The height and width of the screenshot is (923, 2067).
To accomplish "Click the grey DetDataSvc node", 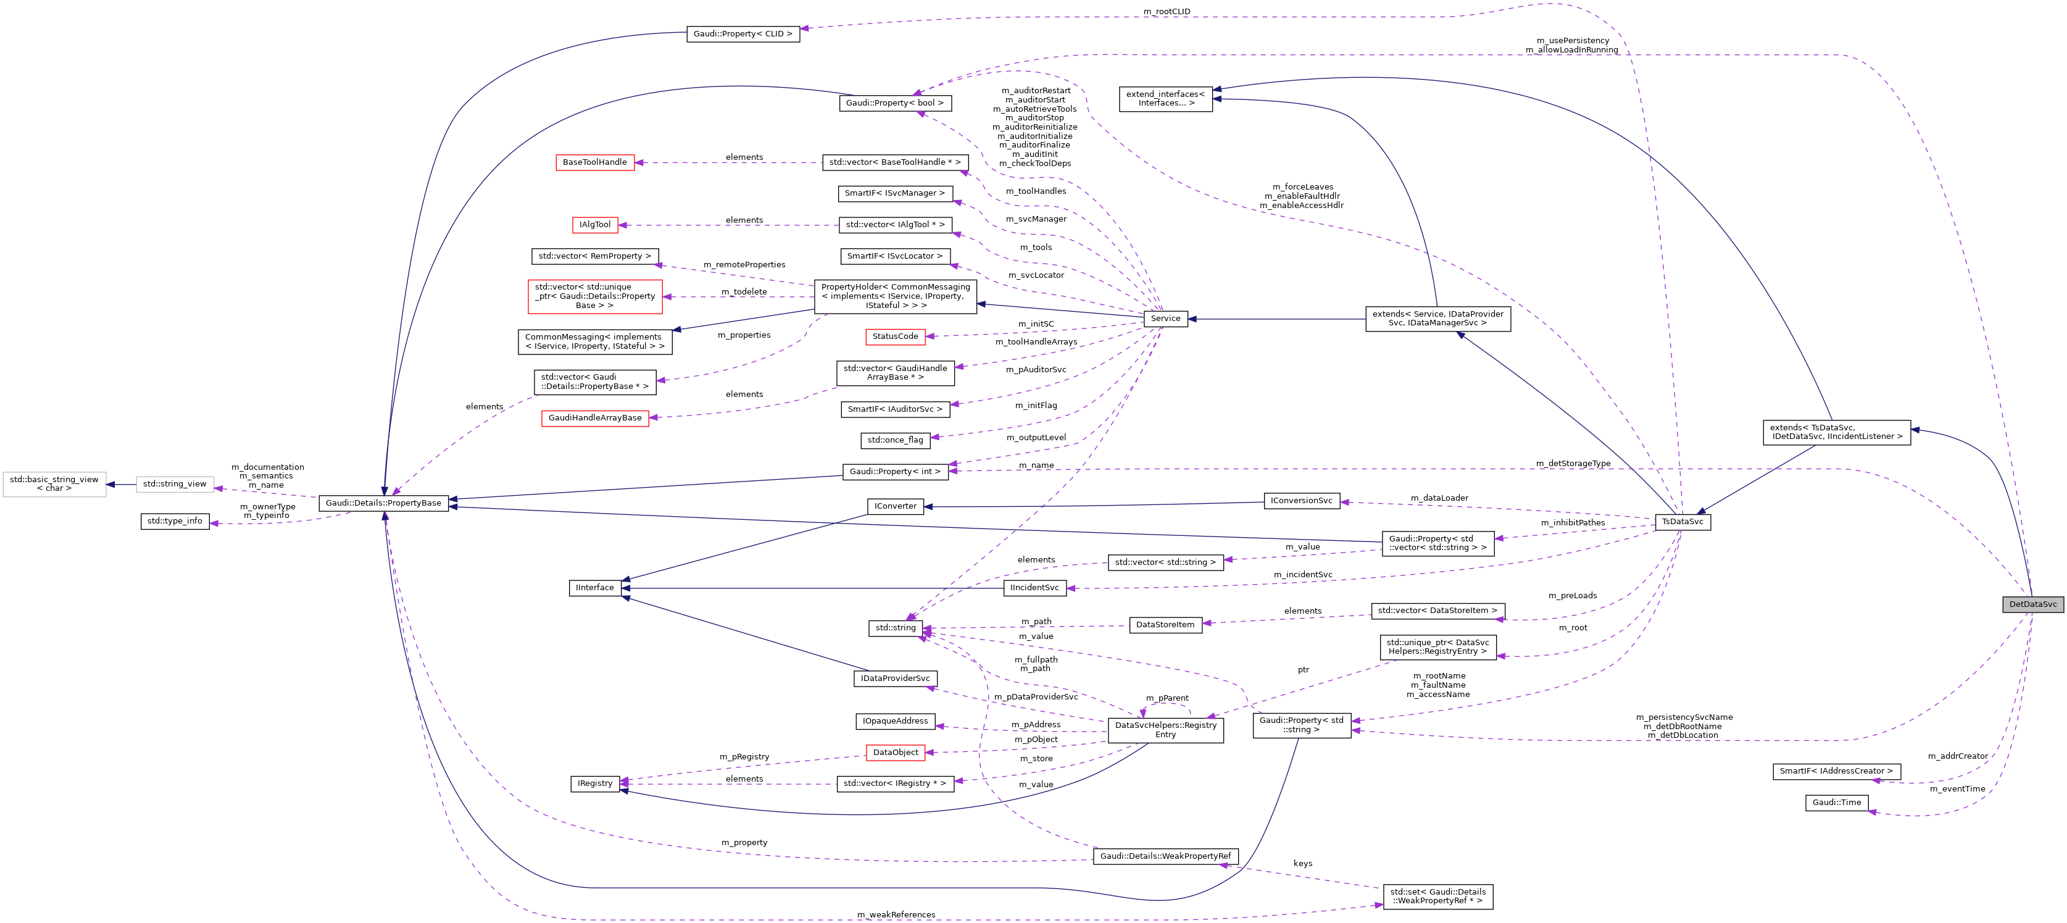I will click(x=2032, y=604).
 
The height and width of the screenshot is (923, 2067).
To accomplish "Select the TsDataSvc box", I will click(x=1682, y=522).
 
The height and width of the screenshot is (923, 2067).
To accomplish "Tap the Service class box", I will click(x=1165, y=319).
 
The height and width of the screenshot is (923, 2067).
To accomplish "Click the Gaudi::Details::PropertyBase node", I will click(x=383, y=503).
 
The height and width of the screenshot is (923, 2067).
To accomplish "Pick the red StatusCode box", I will click(x=895, y=337).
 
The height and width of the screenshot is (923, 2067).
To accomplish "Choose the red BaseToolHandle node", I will click(x=594, y=162).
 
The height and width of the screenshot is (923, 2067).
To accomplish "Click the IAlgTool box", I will click(x=594, y=225).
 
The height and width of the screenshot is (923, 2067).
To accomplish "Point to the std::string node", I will click(x=895, y=628).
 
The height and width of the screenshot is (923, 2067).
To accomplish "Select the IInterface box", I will click(x=594, y=588).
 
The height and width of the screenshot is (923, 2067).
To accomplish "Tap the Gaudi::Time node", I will click(x=1837, y=803).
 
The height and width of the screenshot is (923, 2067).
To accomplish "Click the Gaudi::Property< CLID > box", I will click(x=742, y=34).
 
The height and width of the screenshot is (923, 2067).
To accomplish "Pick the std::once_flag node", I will click(x=895, y=440).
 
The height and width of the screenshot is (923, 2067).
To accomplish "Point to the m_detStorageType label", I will click(x=1573, y=463).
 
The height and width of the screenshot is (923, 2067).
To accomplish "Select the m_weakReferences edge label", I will click(x=896, y=914).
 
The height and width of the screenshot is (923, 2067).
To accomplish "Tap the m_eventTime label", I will click(x=1957, y=789).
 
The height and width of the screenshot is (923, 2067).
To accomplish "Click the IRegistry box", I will click(x=594, y=783).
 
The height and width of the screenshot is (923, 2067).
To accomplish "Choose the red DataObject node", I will click(x=895, y=753).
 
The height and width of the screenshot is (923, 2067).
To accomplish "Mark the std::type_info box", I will click(x=175, y=522).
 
